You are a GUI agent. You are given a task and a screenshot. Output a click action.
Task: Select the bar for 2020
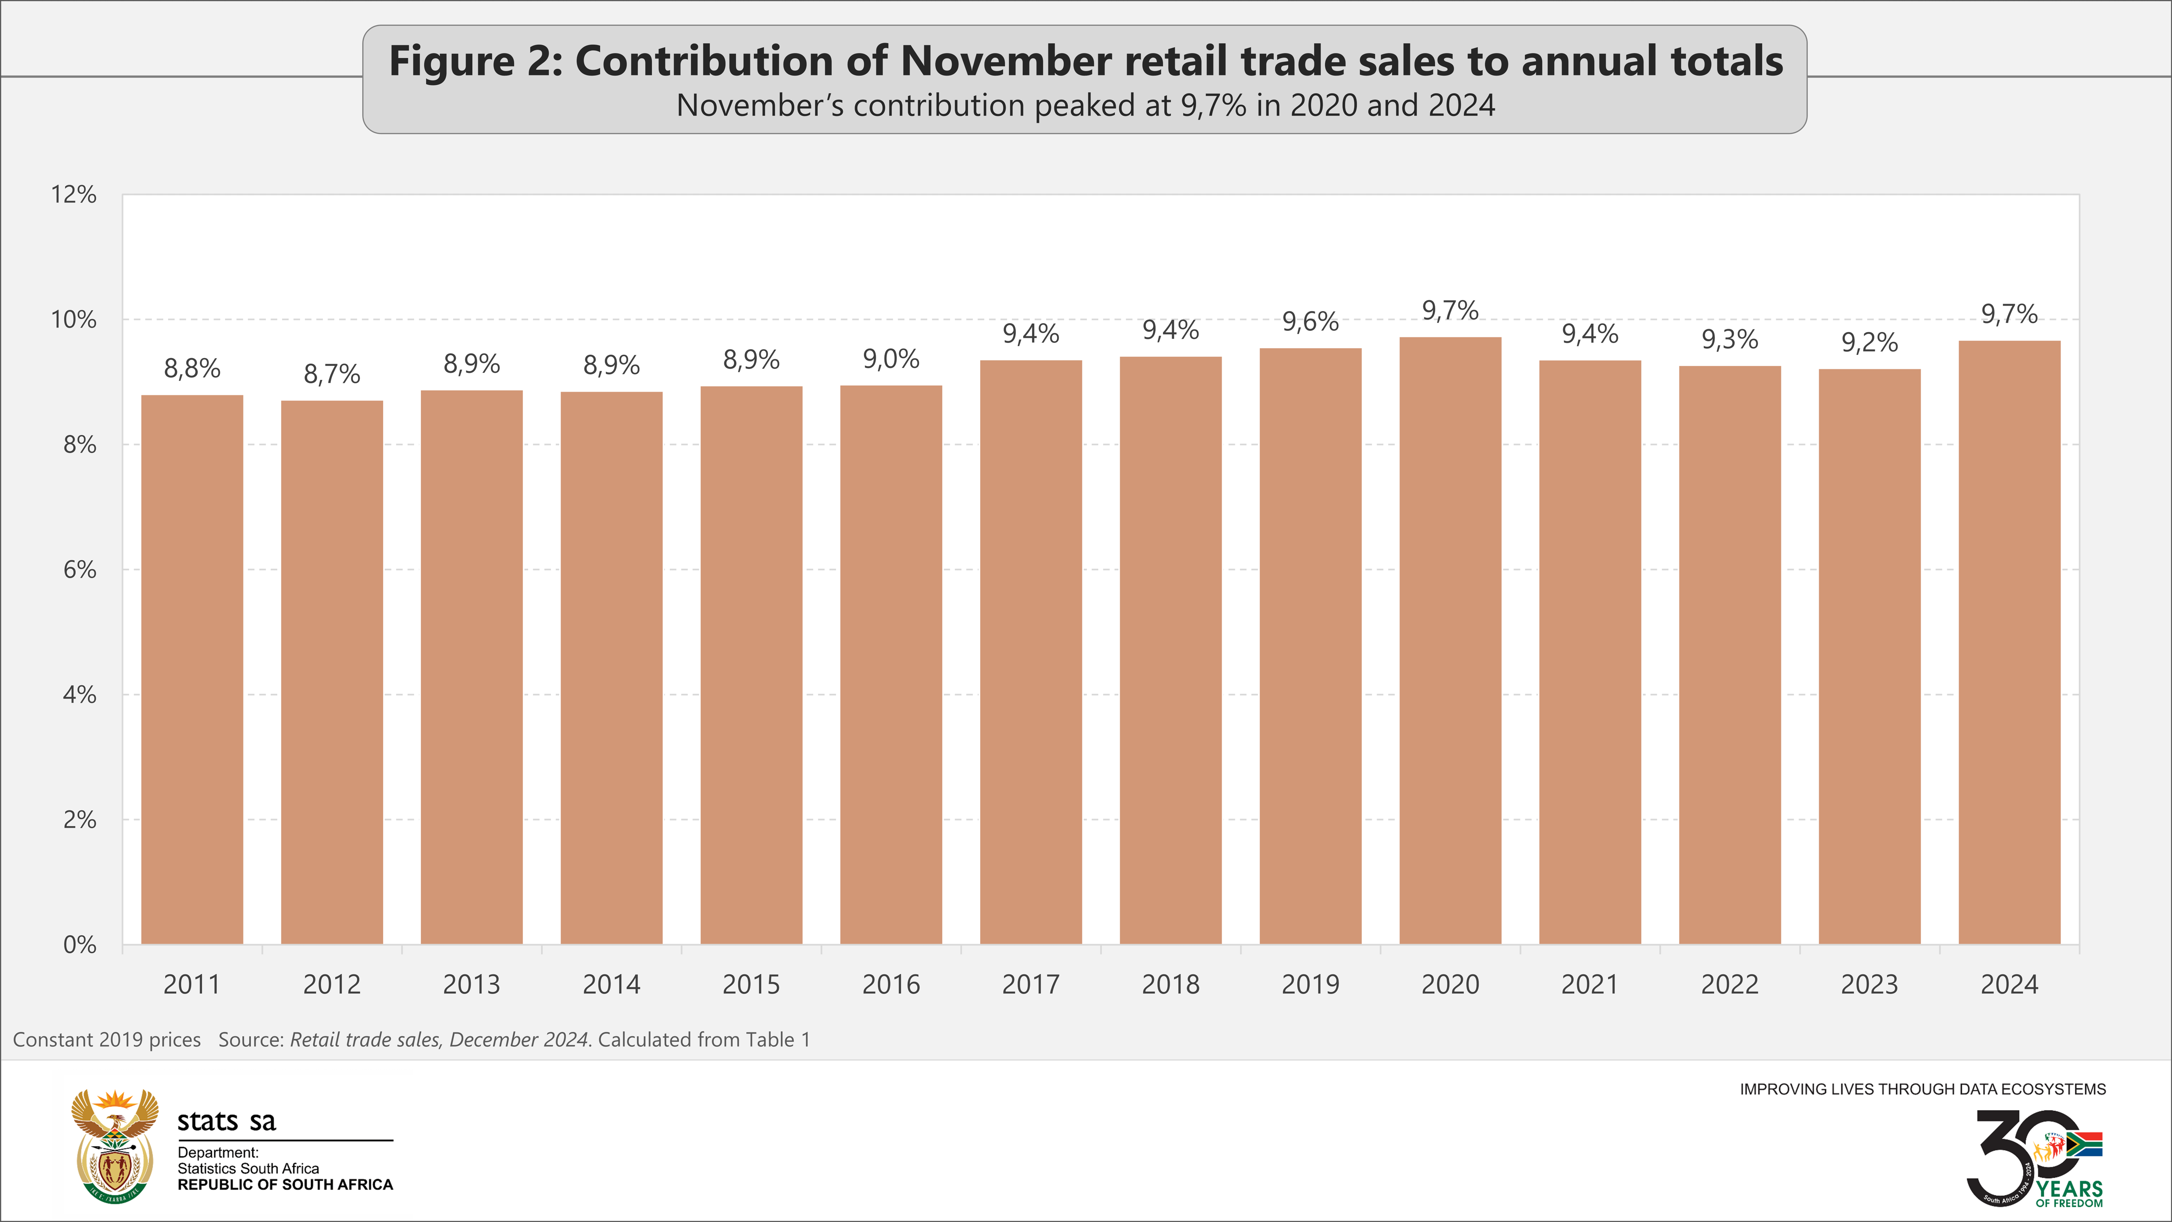coord(1450,641)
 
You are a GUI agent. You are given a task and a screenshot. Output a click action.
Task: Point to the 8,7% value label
coord(331,374)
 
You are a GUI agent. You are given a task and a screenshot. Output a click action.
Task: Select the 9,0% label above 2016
coord(890,359)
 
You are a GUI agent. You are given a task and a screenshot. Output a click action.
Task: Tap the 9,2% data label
coord(1869,342)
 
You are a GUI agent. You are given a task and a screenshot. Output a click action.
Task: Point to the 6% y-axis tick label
coord(79,570)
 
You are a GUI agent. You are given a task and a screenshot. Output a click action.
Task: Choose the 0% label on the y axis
coord(79,944)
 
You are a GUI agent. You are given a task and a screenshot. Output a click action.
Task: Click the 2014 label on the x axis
coord(611,984)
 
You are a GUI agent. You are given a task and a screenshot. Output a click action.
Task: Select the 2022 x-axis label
coord(1729,984)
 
